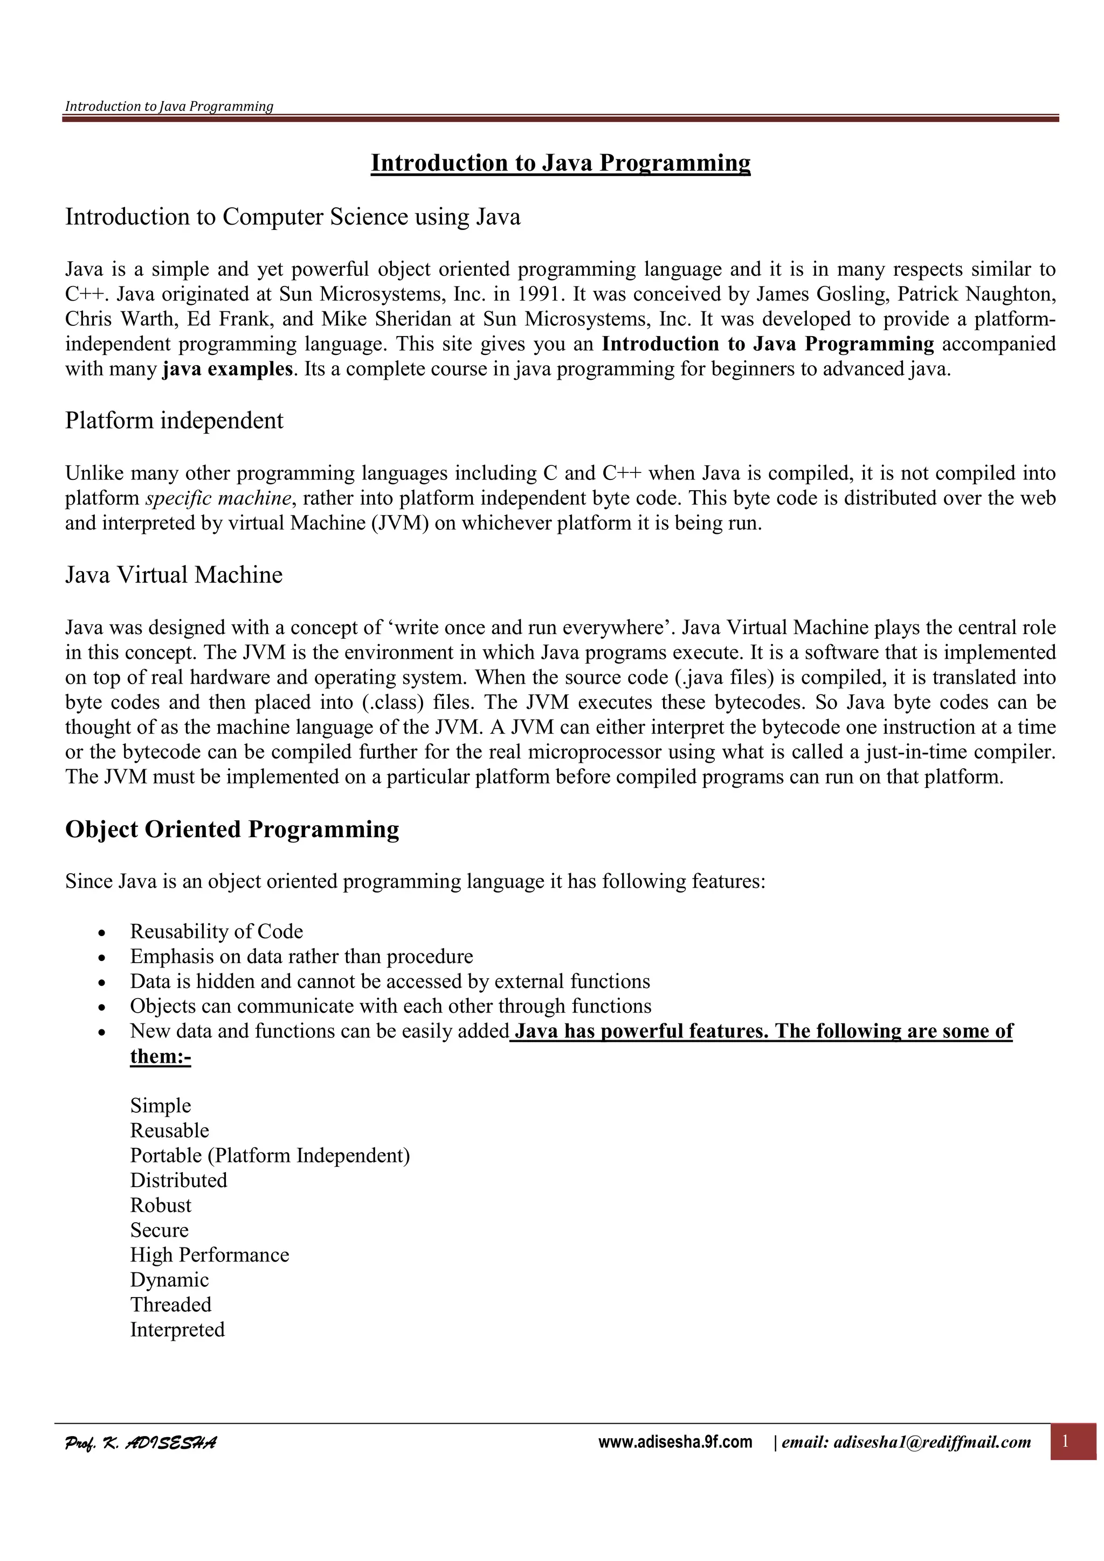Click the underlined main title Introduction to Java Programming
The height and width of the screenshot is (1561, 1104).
pyautogui.click(x=560, y=163)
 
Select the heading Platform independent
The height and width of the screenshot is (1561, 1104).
pyautogui.click(x=174, y=421)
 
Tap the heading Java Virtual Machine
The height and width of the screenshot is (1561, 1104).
pyautogui.click(x=174, y=575)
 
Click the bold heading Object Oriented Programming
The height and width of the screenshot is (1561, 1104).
pyautogui.click(x=232, y=830)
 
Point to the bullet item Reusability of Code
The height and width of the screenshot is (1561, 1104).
pyautogui.click(x=216, y=931)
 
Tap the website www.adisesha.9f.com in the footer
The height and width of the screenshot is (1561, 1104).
pyautogui.click(x=675, y=1442)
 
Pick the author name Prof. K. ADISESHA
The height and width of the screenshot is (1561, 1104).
pyautogui.click(x=141, y=1442)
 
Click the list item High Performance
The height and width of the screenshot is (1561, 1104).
pyautogui.click(x=210, y=1255)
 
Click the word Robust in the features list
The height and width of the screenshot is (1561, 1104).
pyautogui.click(x=161, y=1205)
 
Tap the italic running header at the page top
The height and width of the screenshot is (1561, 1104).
pyautogui.click(x=169, y=106)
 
